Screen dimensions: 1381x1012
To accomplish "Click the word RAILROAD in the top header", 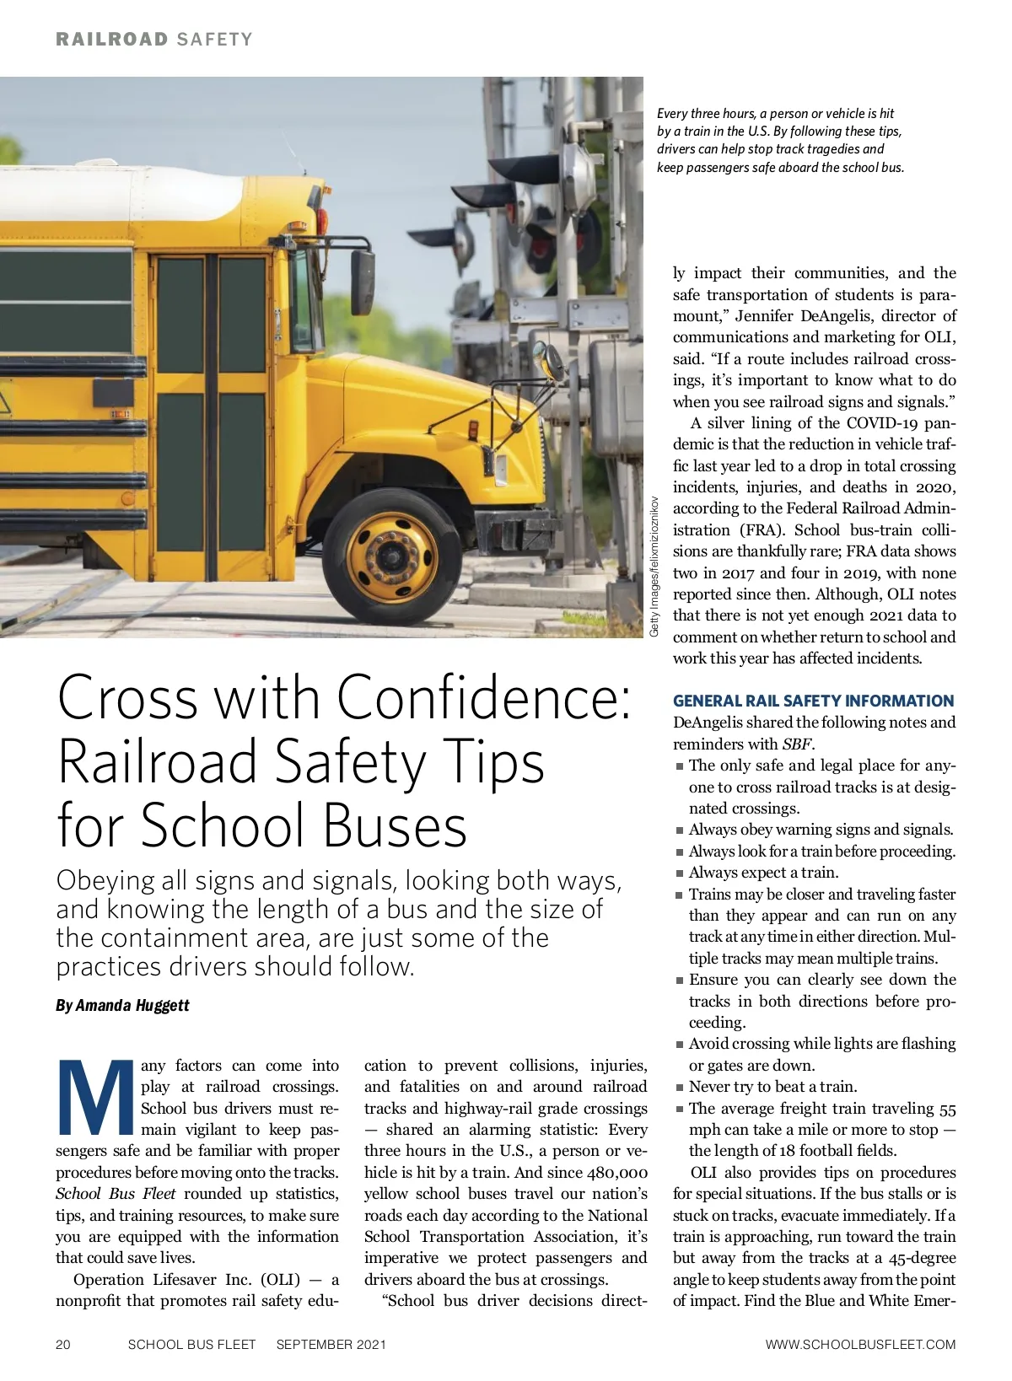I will [x=112, y=39].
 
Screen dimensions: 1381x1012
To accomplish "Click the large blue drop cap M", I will [x=94, y=1098].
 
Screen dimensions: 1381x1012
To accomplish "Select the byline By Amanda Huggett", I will [x=122, y=1005].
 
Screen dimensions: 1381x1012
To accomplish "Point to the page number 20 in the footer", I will [x=63, y=1344].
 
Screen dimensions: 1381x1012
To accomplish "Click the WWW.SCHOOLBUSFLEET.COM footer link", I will [x=860, y=1344].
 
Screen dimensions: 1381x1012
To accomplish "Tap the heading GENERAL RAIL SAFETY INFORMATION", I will [x=813, y=701].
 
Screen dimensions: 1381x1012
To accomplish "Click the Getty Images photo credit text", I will [x=654, y=567].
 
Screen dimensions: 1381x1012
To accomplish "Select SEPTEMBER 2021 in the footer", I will [x=331, y=1344].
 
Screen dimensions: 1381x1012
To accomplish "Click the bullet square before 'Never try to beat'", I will [x=680, y=1088].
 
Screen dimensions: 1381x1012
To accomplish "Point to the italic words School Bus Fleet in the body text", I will [x=116, y=1193].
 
